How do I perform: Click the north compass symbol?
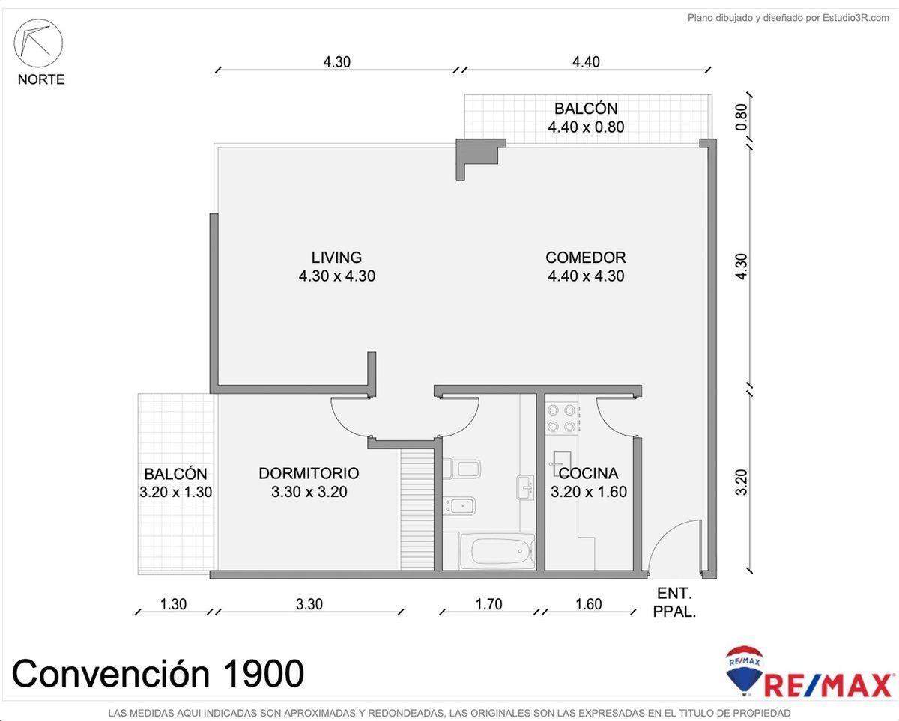pos(38,43)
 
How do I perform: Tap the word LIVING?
pos(336,257)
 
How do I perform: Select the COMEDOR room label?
pos(585,257)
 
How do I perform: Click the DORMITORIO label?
pos(309,473)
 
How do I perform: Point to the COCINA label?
pos(589,473)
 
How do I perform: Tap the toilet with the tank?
pos(461,469)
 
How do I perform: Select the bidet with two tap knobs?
pos(460,507)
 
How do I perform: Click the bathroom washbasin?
pos(525,487)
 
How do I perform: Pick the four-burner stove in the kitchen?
pos(562,419)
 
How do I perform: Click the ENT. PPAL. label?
pos(674,602)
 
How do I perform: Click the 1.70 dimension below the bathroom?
pos(488,604)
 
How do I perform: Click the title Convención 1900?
pos(158,673)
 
